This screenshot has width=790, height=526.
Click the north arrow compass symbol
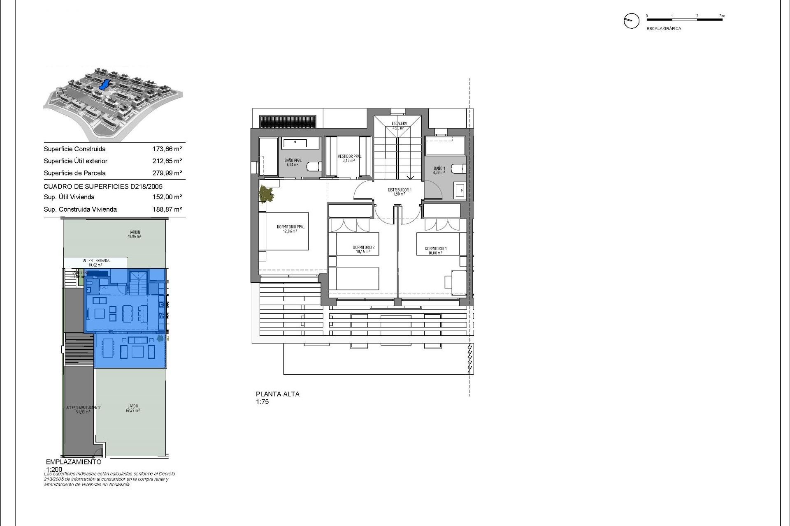632,21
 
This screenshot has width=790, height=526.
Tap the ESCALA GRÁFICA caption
664,29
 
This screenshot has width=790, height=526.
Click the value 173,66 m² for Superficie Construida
167,149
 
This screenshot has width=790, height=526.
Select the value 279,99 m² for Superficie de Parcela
167,173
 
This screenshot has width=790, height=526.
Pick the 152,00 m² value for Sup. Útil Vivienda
167,197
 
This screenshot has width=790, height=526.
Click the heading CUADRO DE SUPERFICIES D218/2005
103,187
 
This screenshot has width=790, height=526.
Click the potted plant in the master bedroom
266,194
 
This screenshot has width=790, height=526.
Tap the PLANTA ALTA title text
278,394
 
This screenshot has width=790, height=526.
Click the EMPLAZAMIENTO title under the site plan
74,462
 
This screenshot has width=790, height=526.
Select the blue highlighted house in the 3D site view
105,85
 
